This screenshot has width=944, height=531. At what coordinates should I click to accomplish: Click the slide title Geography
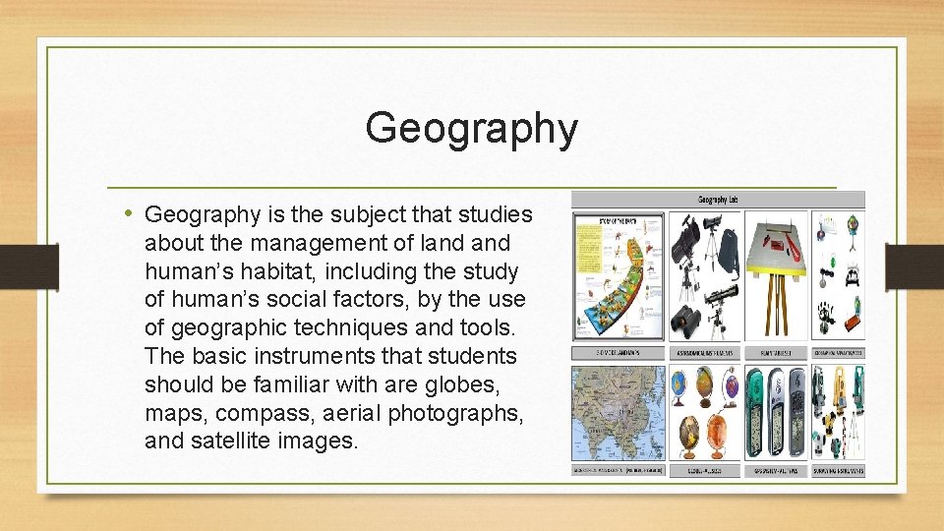click(x=471, y=128)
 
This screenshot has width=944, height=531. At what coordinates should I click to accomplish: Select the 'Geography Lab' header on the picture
click(x=718, y=200)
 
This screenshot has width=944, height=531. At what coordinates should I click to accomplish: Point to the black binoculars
click(x=684, y=318)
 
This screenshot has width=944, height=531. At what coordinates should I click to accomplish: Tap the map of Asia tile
click(x=618, y=413)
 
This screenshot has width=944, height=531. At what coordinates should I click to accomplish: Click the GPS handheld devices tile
click(x=777, y=413)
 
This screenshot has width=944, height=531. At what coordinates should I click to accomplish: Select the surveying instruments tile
click(x=838, y=413)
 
